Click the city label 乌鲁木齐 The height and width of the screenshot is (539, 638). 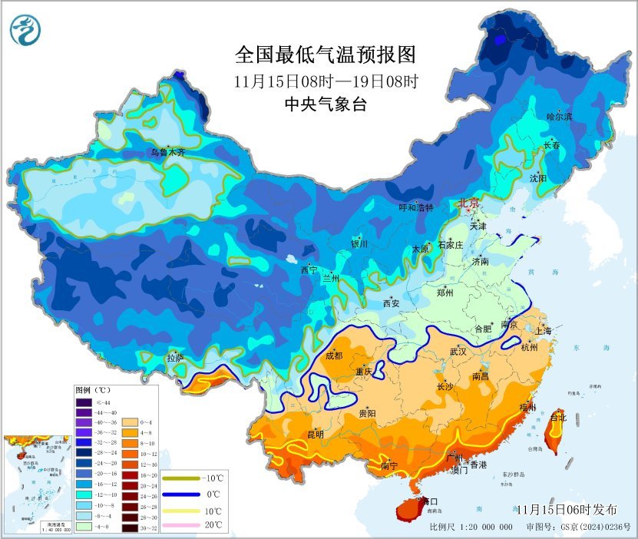click(167, 153)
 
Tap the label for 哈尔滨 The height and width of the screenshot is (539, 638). click(559, 117)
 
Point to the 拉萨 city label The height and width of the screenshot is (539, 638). click(175, 358)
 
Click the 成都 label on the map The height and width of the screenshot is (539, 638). click(334, 355)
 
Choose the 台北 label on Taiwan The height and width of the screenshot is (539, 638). click(558, 418)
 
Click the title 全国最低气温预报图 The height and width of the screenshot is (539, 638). click(325, 55)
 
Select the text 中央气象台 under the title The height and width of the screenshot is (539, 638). click(325, 104)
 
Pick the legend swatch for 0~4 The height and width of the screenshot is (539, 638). click(129, 422)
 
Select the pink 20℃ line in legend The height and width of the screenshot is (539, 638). click(180, 525)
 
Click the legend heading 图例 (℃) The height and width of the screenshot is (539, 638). click(94, 391)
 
